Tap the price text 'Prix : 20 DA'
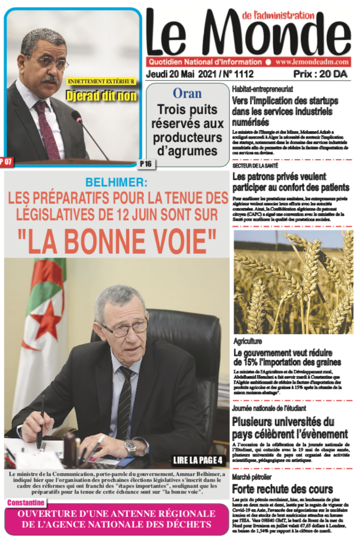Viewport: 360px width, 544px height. [x=320, y=74]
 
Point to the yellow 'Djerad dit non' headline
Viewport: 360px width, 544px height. [x=102, y=96]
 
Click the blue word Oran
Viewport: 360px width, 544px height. [x=187, y=93]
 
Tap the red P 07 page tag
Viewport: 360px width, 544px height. [x=7, y=161]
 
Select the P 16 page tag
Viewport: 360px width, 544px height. [x=145, y=163]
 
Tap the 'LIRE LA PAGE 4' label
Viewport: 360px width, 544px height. [x=198, y=460]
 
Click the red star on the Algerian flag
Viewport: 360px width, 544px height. [x=47, y=321]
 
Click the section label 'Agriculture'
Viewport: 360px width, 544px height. [x=248, y=341]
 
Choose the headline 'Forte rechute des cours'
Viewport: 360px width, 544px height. [x=282, y=489]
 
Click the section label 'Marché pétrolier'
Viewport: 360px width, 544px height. [x=252, y=477]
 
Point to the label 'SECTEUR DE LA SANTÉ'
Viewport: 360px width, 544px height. [x=255, y=166]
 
